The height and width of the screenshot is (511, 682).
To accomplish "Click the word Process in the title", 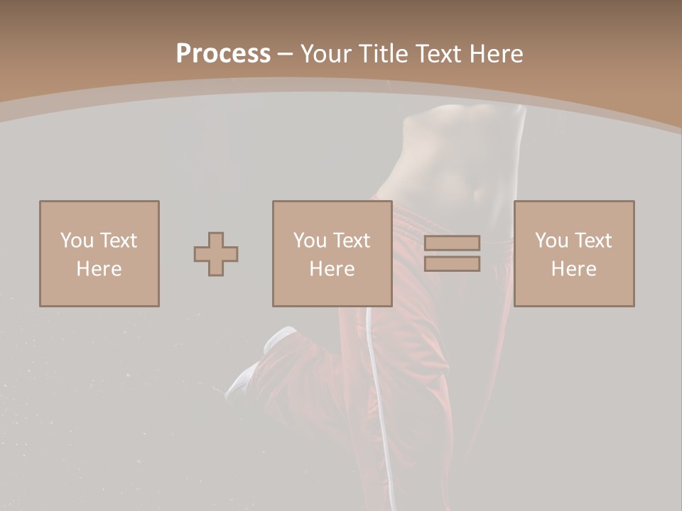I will (x=223, y=54).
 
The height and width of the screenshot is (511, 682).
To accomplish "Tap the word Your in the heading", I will (x=326, y=54).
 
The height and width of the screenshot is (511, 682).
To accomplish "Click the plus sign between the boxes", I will (x=216, y=254).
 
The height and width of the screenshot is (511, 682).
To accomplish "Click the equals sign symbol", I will (x=452, y=253).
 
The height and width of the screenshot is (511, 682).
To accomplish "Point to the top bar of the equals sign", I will (x=452, y=243).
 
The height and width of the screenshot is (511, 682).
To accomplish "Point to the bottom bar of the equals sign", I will (x=452, y=264).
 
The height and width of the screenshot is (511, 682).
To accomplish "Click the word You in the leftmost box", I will (x=77, y=241).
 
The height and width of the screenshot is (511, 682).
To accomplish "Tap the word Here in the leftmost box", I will (x=99, y=269).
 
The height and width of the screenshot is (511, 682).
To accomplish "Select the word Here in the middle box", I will (x=332, y=269).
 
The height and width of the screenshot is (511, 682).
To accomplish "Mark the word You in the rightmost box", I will (x=551, y=241).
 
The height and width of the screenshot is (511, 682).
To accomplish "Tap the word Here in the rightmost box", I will (x=574, y=269).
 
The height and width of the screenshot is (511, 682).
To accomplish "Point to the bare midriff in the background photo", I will (x=455, y=163).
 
